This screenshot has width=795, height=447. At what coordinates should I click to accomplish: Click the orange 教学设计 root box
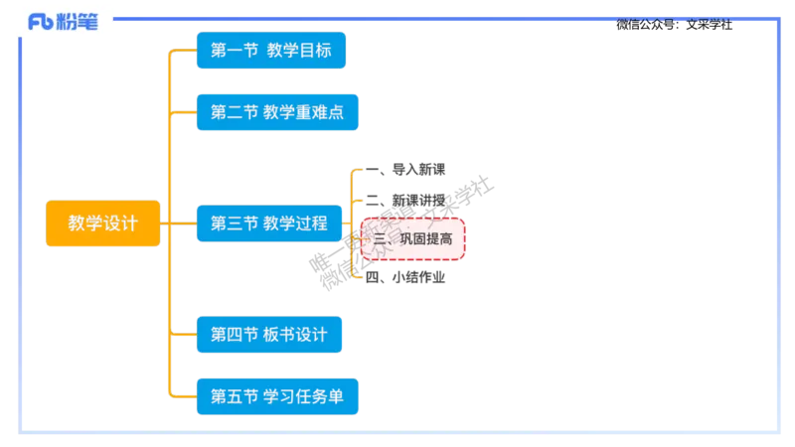(x=102, y=223)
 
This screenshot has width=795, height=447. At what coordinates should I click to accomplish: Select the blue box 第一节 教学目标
(x=271, y=51)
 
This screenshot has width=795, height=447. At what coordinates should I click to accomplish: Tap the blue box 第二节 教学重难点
(x=276, y=112)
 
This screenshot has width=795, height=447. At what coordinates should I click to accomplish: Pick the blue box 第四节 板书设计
(x=268, y=334)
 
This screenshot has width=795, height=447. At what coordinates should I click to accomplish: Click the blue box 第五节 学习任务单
(x=276, y=396)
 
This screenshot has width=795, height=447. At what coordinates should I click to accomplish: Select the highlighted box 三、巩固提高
(x=412, y=239)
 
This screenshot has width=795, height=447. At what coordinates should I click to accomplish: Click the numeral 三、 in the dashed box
(x=382, y=239)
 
